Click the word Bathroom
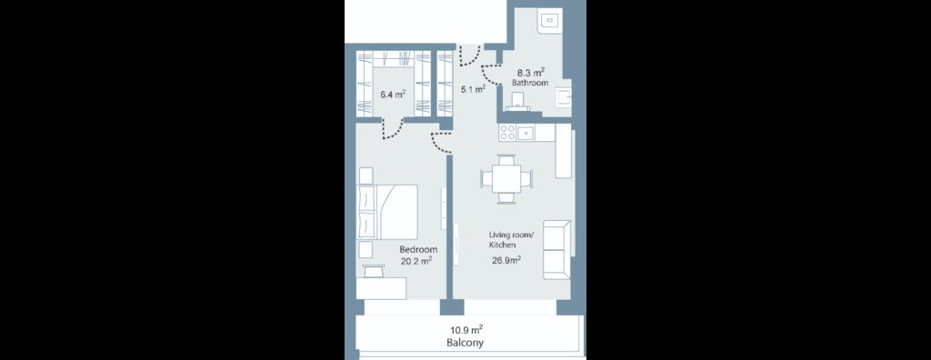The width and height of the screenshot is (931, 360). point(530,83)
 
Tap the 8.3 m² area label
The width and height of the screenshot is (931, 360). point(531,73)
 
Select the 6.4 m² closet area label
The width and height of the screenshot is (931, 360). point(393,94)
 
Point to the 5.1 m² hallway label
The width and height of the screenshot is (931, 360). point(473,90)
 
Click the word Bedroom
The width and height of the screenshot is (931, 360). point(418,249)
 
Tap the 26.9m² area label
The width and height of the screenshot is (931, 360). point(506,259)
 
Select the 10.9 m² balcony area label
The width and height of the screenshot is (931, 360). point(466,330)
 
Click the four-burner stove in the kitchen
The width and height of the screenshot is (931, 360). point(507,133)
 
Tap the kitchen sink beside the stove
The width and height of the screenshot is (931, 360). point(526,133)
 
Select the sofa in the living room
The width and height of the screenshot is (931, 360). point(557,249)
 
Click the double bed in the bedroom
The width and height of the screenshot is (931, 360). point(387,211)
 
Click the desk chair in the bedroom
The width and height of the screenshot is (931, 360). point(375,271)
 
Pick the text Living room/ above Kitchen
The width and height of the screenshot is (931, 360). point(512,235)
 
